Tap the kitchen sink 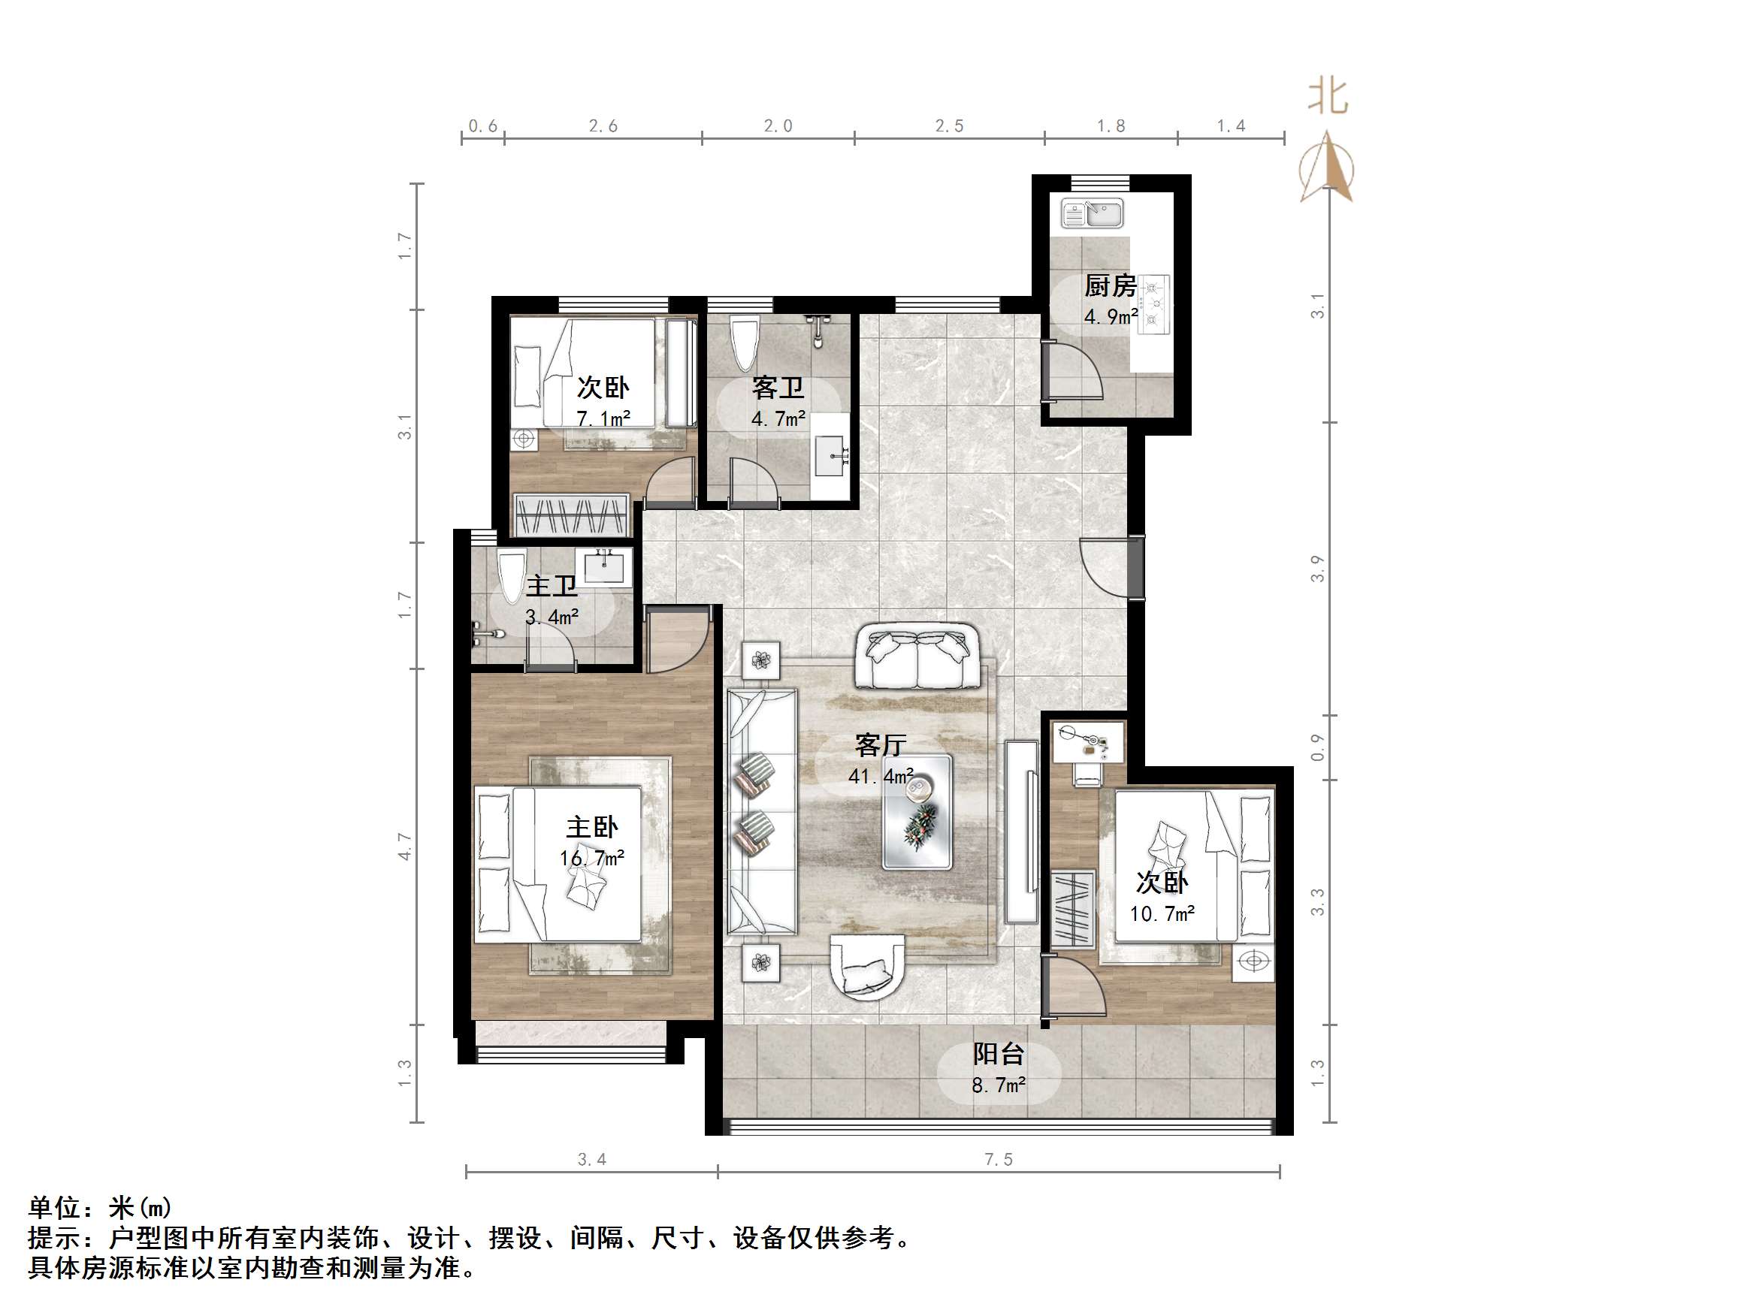[1093, 213]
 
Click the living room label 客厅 [881, 744]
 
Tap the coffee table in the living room [916, 812]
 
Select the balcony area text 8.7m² [999, 1085]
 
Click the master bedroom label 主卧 [591, 827]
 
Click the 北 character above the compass [1328, 97]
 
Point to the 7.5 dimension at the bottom [999, 1159]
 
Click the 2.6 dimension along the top [603, 125]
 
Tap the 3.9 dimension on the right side [1317, 569]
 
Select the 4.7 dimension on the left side [404, 847]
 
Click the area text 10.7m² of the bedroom [1162, 913]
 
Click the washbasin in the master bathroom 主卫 [604, 567]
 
